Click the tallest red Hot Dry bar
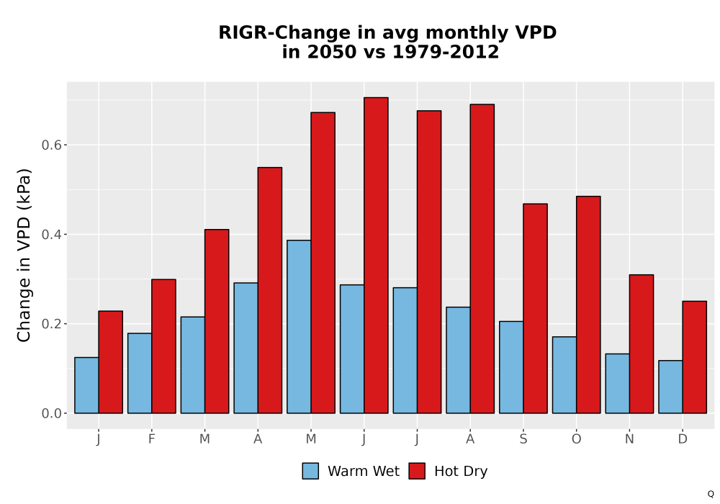pyautogui.click(x=376, y=255)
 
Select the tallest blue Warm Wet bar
pyautogui.click(x=299, y=326)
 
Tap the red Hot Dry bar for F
pyautogui.click(x=163, y=346)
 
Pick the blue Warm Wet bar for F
pyautogui.click(x=140, y=373)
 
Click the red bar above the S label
pyautogui.click(x=536, y=308)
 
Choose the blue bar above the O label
pyautogui.click(x=564, y=375)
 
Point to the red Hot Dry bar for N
pyautogui.click(x=642, y=344)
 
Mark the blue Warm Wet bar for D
pyautogui.click(x=670, y=387)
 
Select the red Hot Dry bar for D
pyautogui.click(x=694, y=357)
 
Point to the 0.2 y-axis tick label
pyautogui.click(x=51, y=324)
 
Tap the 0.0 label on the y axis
pyautogui.click(x=51, y=413)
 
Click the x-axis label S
pyautogui.click(x=523, y=439)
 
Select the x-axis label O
pyautogui.click(x=576, y=439)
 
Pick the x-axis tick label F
pyautogui.click(x=151, y=439)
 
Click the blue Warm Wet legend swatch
pyautogui.click(x=310, y=471)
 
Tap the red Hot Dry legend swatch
pyautogui.click(x=417, y=471)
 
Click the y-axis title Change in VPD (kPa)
pyautogui.click(x=24, y=256)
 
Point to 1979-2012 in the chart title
pyautogui.click(x=446, y=52)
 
